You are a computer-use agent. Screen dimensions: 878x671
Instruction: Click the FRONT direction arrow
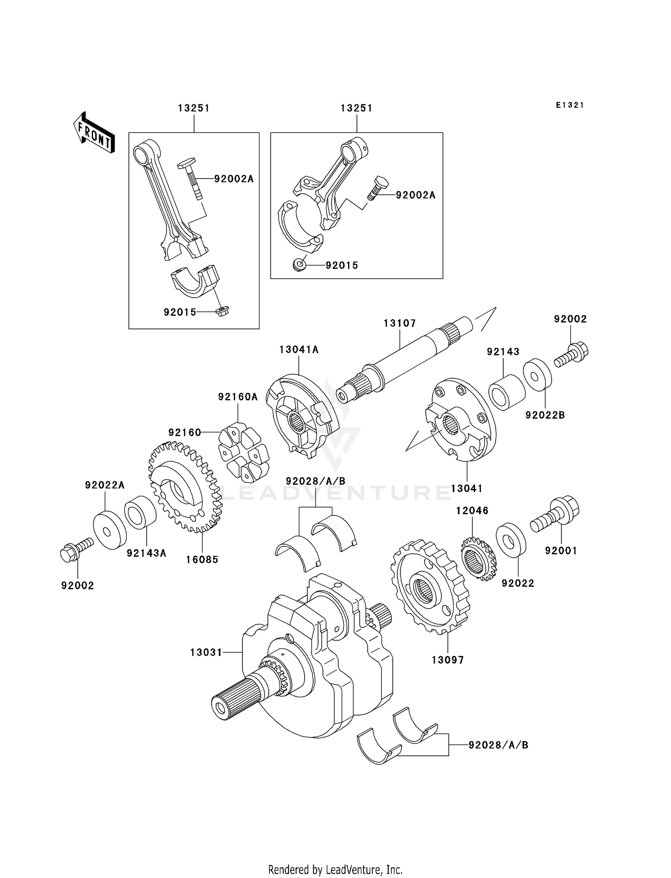tap(94, 133)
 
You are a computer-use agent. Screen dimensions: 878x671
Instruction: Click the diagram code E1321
tap(569, 105)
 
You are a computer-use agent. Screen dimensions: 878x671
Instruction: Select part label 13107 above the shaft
tap(399, 323)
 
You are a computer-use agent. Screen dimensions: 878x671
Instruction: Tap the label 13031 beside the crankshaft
tap(206, 653)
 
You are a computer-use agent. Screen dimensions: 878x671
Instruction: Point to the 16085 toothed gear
tap(185, 488)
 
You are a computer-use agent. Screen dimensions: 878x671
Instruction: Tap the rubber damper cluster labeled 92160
tap(244, 452)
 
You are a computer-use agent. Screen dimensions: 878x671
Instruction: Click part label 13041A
tap(299, 349)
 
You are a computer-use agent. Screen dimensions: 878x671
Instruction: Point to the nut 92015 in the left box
tap(222, 312)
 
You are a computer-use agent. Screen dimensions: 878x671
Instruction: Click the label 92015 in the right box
tap(342, 265)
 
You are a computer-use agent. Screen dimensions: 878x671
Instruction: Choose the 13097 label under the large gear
tap(447, 660)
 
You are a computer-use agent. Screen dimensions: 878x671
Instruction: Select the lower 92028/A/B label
tap(498, 745)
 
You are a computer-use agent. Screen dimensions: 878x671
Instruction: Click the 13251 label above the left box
tap(193, 108)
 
